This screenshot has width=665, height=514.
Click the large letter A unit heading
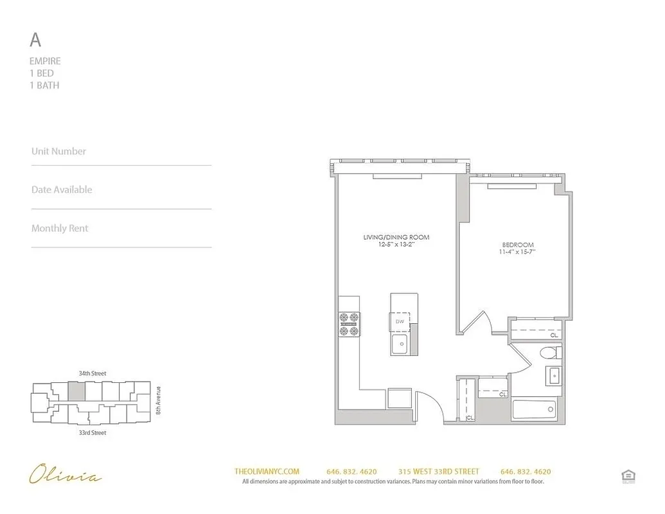click(x=35, y=40)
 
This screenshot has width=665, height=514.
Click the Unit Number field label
click(x=58, y=151)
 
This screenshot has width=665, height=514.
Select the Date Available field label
click(x=62, y=190)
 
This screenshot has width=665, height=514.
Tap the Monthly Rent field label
click(x=60, y=228)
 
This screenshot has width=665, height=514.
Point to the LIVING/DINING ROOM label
click(x=396, y=237)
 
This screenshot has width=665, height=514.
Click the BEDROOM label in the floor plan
click(x=518, y=245)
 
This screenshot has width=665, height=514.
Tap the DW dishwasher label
click(x=400, y=321)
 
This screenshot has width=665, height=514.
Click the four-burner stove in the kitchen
click(x=349, y=324)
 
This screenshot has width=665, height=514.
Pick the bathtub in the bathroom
click(x=533, y=409)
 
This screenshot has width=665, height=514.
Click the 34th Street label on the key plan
click(x=91, y=373)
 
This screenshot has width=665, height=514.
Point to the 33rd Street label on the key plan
click(x=91, y=433)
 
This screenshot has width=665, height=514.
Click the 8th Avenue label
click(x=158, y=400)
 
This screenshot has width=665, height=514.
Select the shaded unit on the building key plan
click(x=76, y=391)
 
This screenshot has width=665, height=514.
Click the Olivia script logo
click(x=65, y=476)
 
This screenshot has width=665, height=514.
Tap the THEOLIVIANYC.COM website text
click(x=267, y=472)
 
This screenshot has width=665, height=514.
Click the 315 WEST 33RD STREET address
click(x=438, y=472)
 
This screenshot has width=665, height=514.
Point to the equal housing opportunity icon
click(x=628, y=476)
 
